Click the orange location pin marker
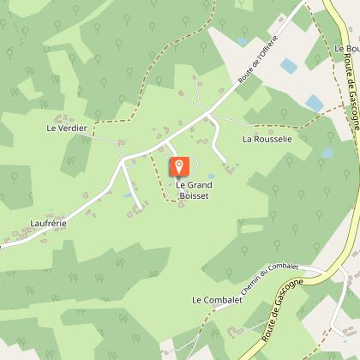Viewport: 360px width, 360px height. tap(178, 165)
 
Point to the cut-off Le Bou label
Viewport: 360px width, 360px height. tap(346, 49)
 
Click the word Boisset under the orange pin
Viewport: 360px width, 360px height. tap(193, 195)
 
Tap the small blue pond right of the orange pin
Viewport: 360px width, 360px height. tap(211, 177)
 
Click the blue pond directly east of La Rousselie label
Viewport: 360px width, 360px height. tap(327, 153)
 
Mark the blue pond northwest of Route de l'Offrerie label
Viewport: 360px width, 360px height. tap(242, 40)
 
